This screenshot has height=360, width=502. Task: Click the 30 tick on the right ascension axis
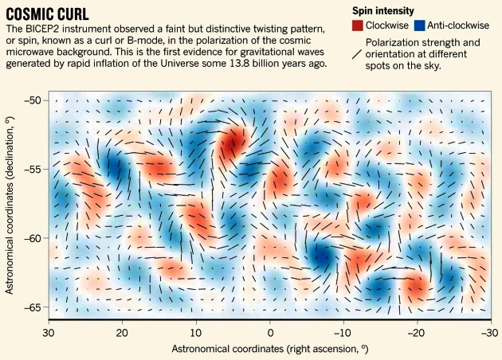(x=49, y=331)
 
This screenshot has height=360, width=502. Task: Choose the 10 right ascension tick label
(x=196, y=331)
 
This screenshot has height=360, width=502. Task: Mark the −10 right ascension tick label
(x=341, y=331)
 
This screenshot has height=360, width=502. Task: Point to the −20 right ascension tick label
(x=414, y=331)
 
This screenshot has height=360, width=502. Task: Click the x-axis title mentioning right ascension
(x=269, y=349)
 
